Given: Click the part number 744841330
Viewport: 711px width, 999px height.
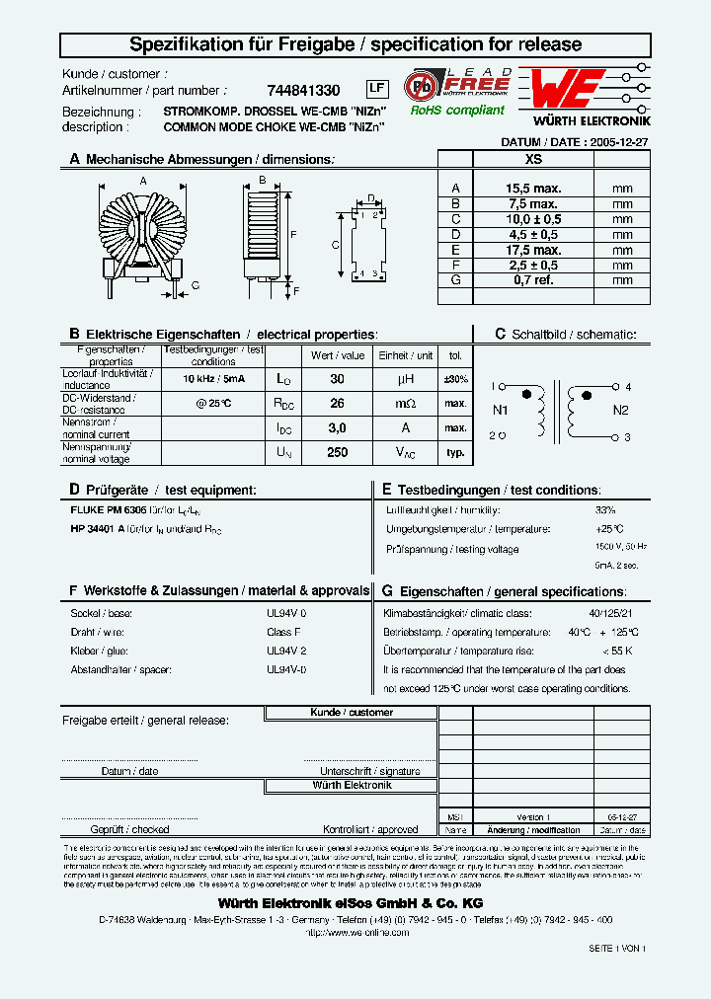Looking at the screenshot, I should pos(304,90).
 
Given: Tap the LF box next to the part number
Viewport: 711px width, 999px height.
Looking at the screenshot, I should pos(376,89).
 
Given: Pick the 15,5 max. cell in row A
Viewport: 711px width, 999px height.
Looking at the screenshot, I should pos(533,188).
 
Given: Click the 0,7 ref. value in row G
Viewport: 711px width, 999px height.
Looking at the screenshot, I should pos(533,280).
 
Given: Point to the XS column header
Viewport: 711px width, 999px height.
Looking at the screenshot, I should pos(533,158).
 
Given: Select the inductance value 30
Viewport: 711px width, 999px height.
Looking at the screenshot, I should pos(337,379).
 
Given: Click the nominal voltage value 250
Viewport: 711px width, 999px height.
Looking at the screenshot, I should pos(337,451).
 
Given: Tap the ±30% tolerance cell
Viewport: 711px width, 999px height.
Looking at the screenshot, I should pos(455,379).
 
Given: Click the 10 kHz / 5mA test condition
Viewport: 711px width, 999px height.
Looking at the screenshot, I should pos(213,379).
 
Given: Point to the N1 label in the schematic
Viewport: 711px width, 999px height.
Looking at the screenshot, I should pos(500,411).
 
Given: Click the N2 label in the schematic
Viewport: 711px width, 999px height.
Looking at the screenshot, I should pos(620,411).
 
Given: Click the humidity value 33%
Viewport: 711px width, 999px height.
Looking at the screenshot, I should pos(604,510).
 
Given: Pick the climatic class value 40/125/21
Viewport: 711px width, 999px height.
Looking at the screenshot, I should pos(613,614).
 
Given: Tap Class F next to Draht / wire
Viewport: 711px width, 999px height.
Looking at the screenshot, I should pos(283,632).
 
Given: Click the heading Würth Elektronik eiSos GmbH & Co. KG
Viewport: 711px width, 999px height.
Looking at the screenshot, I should pos(351,903).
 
